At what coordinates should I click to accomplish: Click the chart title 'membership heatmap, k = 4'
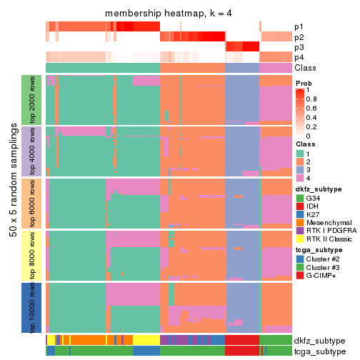pyautogui.click(x=168, y=14)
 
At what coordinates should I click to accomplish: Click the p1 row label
pyautogui.click(x=299, y=26)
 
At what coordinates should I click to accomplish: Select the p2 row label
pyautogui.click(x=299, y=36)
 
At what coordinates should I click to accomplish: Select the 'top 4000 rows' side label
pyautogui.click(x=34, y=151)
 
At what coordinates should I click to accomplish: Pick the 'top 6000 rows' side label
pyautogui.click(x=34, y=203)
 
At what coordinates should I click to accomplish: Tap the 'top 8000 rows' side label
pyautogui.click(x=34, y=255)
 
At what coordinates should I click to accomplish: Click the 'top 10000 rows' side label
pyautogui.click(x=34, y=307)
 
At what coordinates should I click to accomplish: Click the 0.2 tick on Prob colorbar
pyautogui.click(x=311, y=126)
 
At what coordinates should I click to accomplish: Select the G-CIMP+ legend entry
pyautogui.click(x=299, y=276)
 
